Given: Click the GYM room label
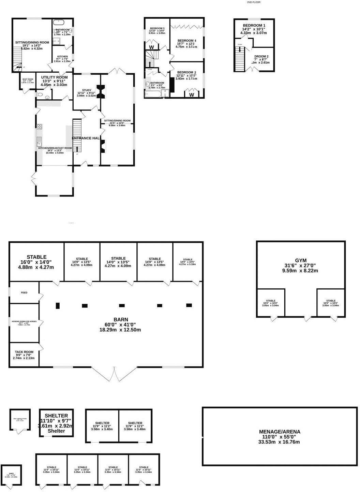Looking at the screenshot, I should click(301, 260).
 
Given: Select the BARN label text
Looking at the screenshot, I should click(120, 319).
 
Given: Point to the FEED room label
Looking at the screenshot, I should click(24, 293).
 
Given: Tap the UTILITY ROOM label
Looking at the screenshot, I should click(55, 77).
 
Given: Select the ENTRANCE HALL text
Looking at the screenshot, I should click(87, 138).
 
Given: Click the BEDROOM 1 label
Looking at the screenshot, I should click(254, 26).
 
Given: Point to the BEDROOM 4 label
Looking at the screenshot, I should click(187, 41).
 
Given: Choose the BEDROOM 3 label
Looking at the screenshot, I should click(157, 28).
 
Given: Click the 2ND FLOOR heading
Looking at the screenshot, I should click(254, 2).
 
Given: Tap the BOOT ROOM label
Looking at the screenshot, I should click(28, 79).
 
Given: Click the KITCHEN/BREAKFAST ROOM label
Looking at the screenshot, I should click(55, 148).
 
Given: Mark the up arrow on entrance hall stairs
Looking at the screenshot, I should click(77, 149).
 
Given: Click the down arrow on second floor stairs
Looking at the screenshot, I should click(240, 50).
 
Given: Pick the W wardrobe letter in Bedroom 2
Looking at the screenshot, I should click(192, 95).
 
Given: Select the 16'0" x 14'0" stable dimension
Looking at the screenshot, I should click(36, 262).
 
